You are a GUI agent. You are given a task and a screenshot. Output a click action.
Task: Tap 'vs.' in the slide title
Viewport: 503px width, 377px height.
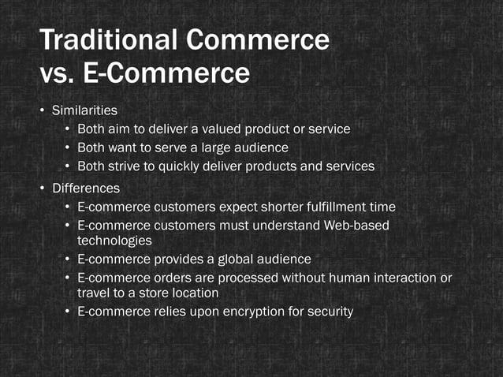[x=56, y=74]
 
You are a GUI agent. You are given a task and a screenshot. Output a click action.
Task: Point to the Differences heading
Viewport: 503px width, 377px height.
[x=86, y=188]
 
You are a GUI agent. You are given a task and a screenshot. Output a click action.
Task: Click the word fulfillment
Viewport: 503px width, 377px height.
[x=332, y=207]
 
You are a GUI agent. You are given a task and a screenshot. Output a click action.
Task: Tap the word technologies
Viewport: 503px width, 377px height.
[x=114, y=241]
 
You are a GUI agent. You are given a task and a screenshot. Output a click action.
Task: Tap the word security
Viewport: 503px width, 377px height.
[x=328, y=312]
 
